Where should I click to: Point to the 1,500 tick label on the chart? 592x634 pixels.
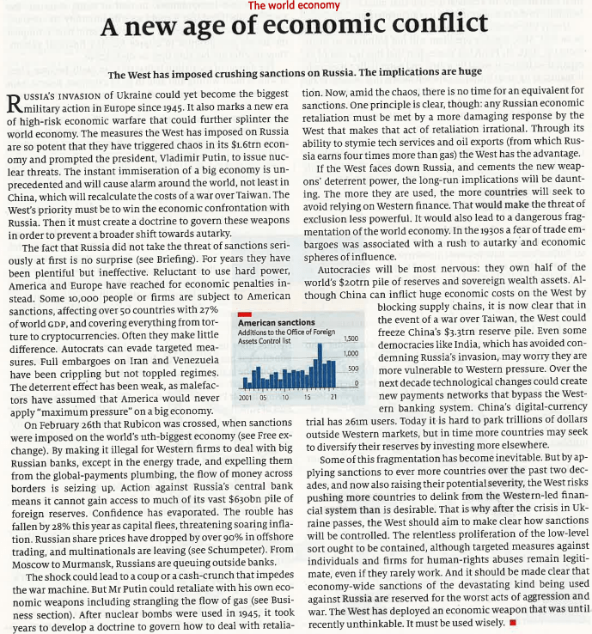pos(350,338)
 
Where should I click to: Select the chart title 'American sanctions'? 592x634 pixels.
pos(268,322)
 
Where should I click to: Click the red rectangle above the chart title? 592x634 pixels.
pos(244,314)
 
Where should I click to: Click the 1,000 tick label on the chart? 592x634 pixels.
pos(350,353)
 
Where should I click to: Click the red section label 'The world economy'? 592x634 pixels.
pos(294,6)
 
